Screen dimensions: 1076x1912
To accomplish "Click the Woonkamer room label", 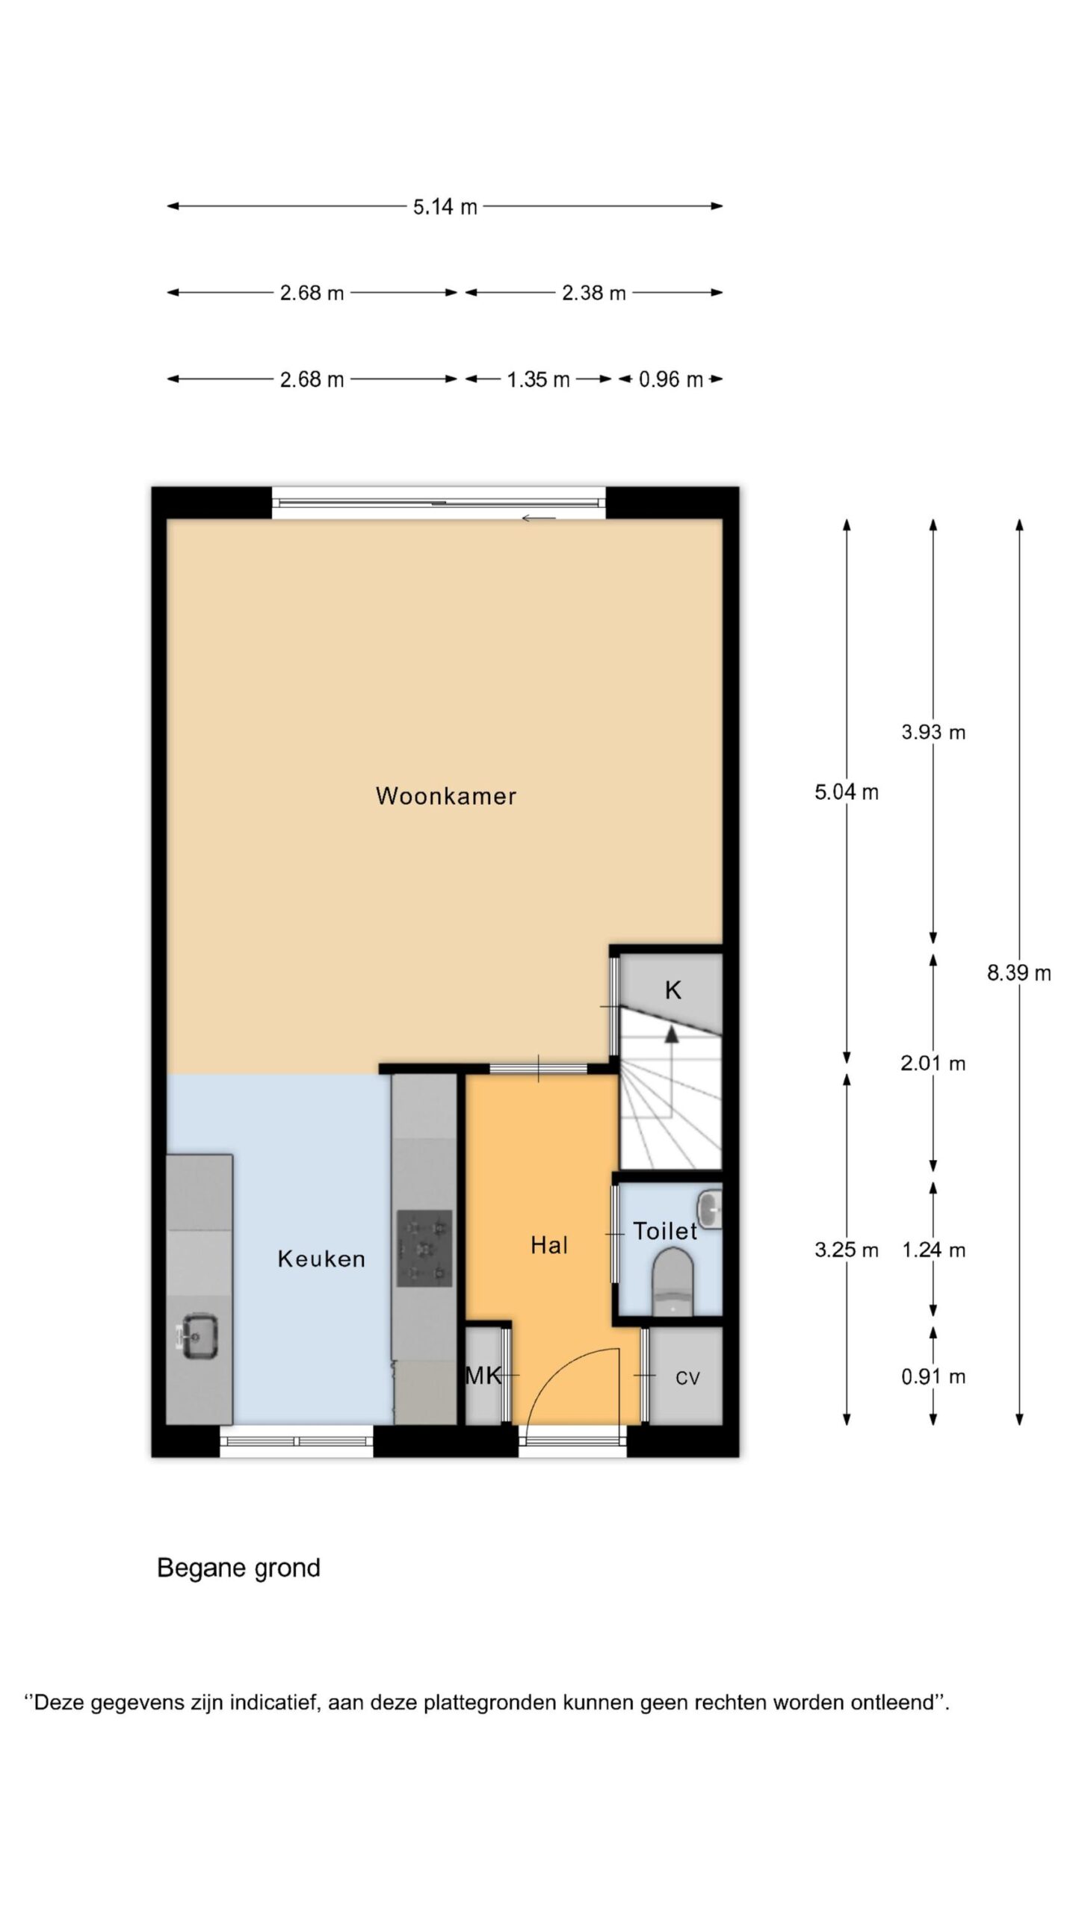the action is tap(445, 796).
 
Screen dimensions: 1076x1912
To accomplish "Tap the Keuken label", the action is tap(321, 1258).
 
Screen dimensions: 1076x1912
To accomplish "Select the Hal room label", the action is tap(549, 1245).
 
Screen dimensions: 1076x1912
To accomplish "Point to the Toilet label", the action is tap(665, 1231).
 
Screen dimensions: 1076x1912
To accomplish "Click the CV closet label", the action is tap(687, 1378).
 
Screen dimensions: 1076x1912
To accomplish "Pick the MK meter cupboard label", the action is tap(483, 1376).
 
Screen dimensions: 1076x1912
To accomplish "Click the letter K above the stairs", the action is tap(672, 990).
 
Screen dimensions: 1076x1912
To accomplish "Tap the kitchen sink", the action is tap(198, 1336).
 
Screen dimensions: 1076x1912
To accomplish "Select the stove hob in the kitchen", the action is tap(424, 1248).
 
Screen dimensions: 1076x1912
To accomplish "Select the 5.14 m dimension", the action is tap(445, 206).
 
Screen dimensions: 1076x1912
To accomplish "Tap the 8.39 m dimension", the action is tap(1019, 972).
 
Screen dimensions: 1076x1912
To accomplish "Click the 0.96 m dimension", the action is tap(670, 379).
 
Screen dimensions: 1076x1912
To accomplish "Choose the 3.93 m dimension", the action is tap(933, 732).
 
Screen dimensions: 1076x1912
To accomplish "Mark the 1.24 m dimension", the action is tap(933, 1250).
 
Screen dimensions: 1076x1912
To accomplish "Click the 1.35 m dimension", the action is tap(538, 379).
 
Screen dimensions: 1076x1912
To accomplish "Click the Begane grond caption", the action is tap(238, 1568).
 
